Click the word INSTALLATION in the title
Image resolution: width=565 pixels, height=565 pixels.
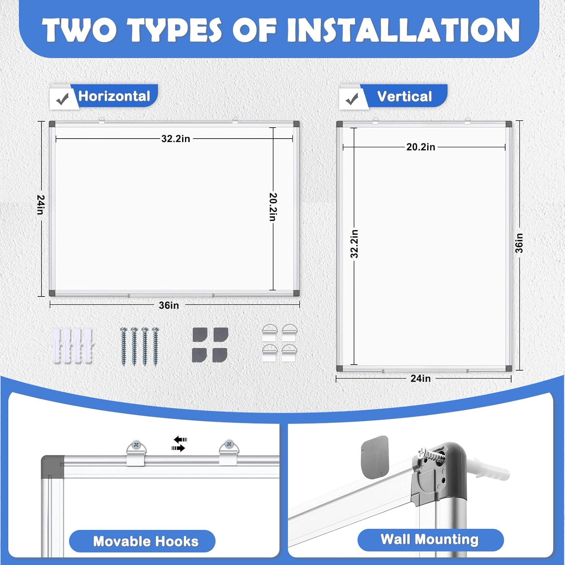403,30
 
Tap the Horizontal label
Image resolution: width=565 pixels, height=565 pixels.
114,96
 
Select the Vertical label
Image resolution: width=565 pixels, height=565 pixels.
404,97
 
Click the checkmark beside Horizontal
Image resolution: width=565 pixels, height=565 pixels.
62,99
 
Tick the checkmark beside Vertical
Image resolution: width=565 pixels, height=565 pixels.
352,99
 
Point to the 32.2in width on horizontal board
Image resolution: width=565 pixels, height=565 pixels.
176,139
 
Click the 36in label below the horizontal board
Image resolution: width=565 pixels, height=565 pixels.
169,305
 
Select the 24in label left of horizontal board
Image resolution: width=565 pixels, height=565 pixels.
41,205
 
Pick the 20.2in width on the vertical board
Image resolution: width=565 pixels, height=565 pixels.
420,147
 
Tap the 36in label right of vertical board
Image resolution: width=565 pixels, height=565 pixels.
519,243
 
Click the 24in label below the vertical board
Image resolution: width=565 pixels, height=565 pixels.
420,378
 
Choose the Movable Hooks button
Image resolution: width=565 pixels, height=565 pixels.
146,541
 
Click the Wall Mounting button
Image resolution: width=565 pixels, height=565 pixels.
429,539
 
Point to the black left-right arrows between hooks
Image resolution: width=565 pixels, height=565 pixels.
180,444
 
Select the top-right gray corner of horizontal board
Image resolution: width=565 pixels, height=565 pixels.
296,124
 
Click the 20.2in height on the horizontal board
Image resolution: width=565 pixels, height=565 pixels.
273,207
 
